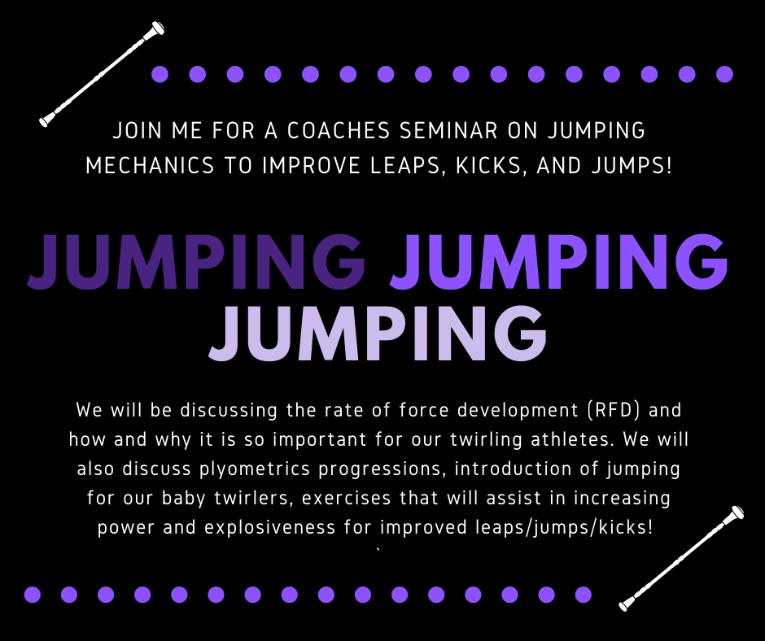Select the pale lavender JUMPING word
point(378,333)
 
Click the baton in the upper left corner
point(102,74)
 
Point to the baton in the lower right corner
point(681,559)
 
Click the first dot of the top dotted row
point(160,75)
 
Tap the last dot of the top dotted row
point(724,75)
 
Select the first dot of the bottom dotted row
point(32,595)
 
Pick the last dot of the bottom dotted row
point(583,595)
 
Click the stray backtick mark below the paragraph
point(378,552)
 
